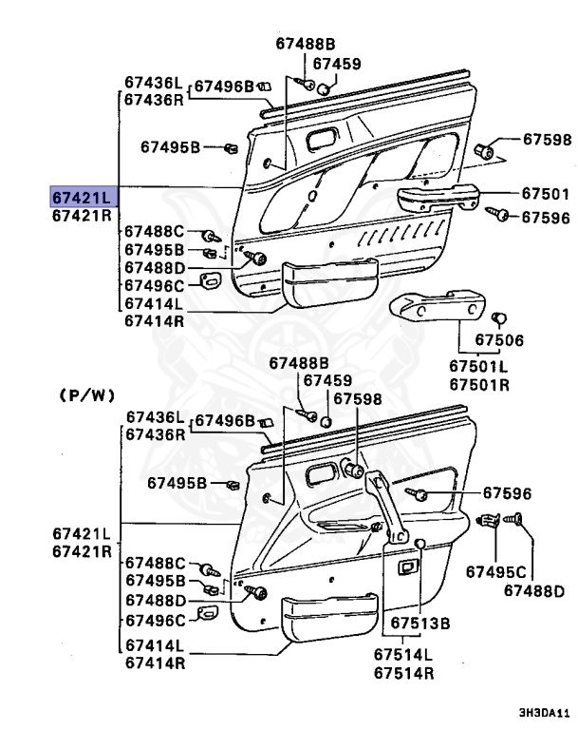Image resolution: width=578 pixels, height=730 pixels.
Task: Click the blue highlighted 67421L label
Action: pos(82,197)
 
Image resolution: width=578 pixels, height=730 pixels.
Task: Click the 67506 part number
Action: pos(499,339)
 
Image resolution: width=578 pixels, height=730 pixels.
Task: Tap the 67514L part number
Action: pos(402,655)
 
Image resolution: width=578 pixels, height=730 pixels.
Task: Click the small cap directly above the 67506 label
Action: pos(503,317)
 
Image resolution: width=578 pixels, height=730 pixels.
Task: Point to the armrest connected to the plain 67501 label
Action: pos(438,198)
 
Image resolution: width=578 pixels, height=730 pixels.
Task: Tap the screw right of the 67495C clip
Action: pos(519,519)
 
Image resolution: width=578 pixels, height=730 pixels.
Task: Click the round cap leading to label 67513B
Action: pos(419,543)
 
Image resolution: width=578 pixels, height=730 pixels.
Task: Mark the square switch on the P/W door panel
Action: pos(408,567)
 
